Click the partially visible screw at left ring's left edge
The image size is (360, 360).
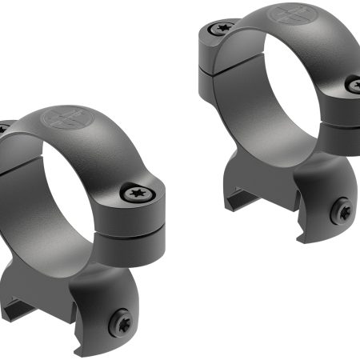2,128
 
